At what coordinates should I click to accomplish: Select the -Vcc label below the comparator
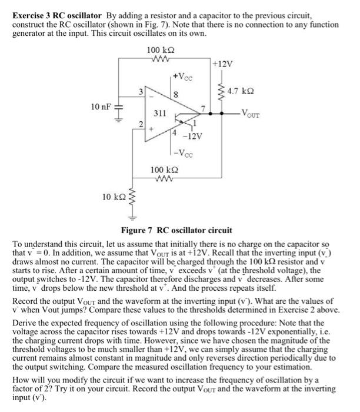181,155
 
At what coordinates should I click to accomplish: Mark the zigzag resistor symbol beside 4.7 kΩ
222,91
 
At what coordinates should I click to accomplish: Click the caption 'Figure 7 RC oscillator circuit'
176,230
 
